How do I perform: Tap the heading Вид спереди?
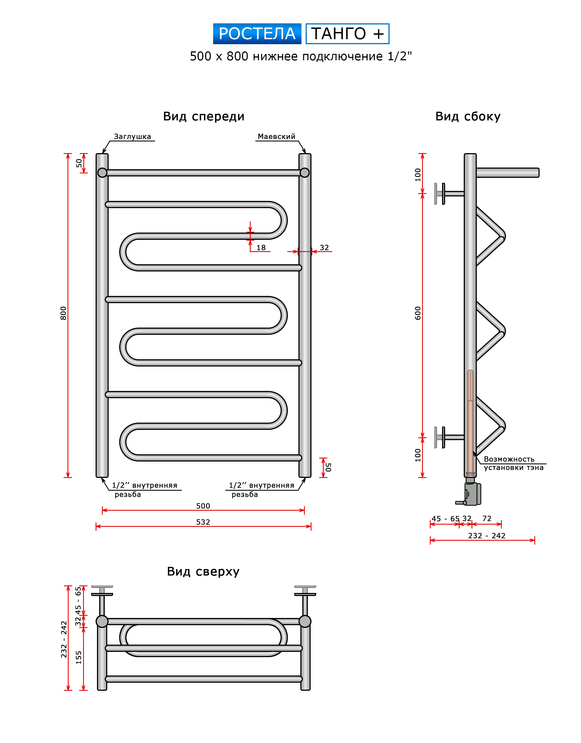203,116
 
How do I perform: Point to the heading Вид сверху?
203,571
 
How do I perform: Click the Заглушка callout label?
132,136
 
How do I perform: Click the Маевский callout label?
276,136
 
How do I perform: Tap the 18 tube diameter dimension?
261,248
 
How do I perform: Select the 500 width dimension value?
203,506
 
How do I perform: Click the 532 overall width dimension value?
203,522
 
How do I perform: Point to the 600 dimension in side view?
418,313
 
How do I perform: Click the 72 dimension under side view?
487,518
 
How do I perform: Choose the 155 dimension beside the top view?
79,658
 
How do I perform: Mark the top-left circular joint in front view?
102,173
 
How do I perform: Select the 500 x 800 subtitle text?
301,56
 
